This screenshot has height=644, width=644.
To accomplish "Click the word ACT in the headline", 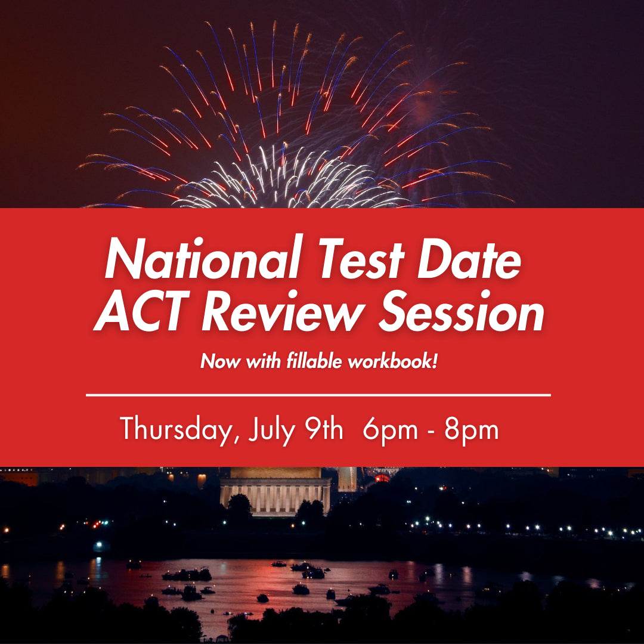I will [x=139, y=312].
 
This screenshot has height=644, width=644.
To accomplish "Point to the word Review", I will [x=271, y=312].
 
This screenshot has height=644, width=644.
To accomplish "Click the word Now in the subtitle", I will [x=215, y=361].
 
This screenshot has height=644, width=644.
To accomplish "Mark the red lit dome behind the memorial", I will [x=382, y=477].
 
